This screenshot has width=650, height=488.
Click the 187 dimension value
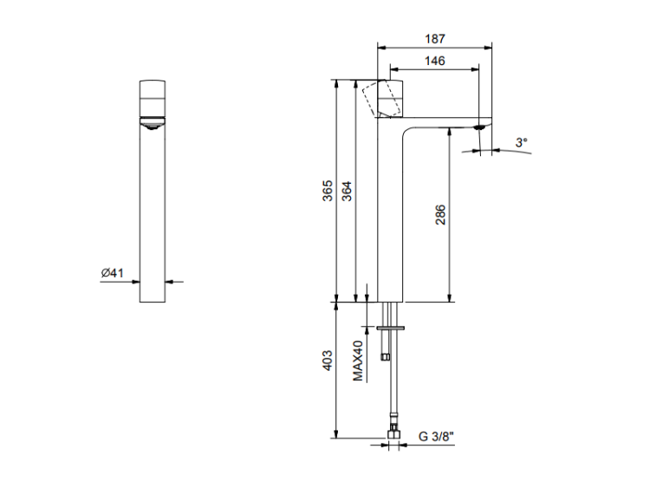434,38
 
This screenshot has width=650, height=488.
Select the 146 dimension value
434,61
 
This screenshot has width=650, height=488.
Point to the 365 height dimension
328,191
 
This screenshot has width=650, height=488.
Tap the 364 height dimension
347,192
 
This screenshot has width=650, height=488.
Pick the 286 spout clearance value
440,214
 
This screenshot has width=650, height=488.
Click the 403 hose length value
328,361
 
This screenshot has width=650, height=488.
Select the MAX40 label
358,361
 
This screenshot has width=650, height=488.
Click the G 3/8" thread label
436,436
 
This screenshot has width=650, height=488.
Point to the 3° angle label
522,142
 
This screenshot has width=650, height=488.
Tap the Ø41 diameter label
113,273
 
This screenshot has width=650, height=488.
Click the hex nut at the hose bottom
393,433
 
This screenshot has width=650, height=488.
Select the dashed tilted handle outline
377,98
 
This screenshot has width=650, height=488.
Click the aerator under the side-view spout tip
480,127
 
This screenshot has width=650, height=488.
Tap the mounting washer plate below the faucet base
391,328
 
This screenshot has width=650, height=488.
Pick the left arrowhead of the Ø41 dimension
135,282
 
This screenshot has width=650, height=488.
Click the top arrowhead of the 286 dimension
449,133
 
